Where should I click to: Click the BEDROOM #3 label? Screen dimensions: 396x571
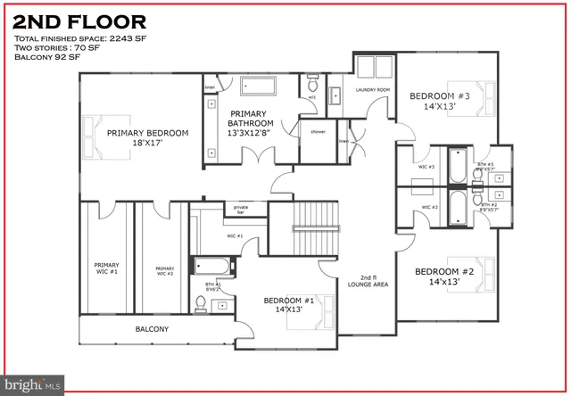click(440, 101)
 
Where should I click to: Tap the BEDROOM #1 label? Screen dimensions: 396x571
click(287, 306)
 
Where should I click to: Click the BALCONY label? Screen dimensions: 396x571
click(152, 329)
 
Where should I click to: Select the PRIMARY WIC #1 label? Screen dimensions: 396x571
click(107, 268)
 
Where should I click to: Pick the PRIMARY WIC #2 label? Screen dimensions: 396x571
click(164, 270)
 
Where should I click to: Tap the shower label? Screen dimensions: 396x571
click(318, 131)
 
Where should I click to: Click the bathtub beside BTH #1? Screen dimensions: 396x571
click(213, 266)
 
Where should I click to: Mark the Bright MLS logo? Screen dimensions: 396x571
click(32, 384)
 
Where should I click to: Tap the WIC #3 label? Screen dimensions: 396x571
click(426, 167)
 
